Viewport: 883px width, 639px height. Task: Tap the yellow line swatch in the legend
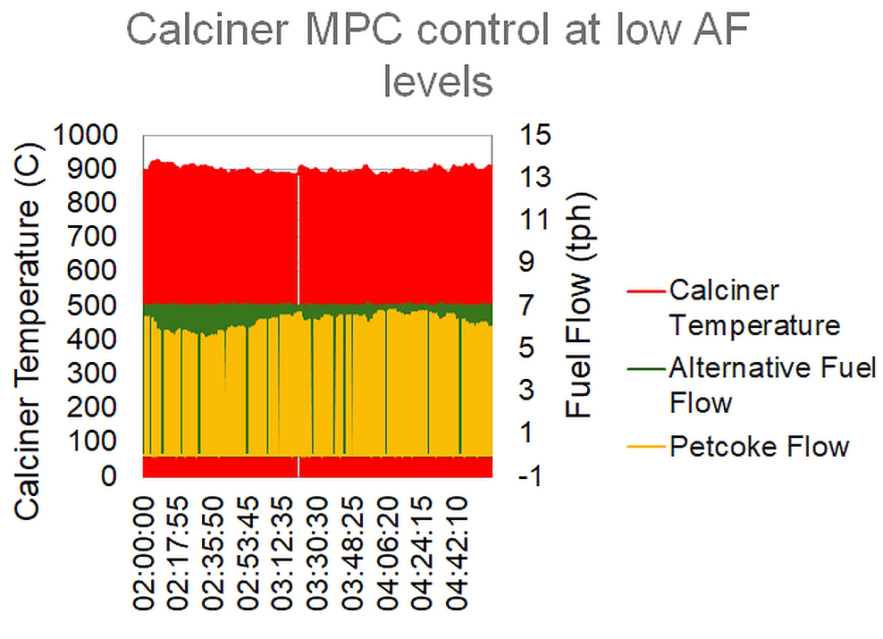click(645, 445)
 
